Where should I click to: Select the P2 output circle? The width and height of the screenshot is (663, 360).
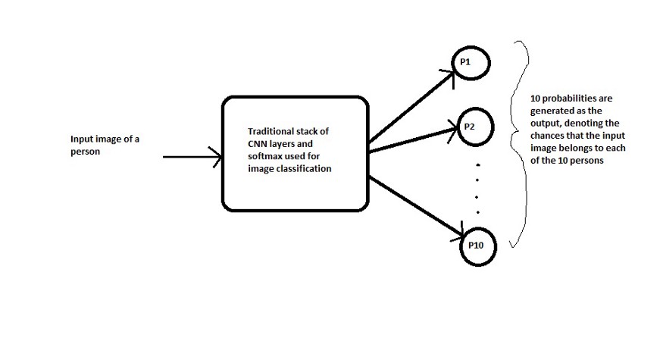474,126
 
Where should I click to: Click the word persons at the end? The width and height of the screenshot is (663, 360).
588,159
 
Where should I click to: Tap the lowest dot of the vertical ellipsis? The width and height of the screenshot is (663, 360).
477,212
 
